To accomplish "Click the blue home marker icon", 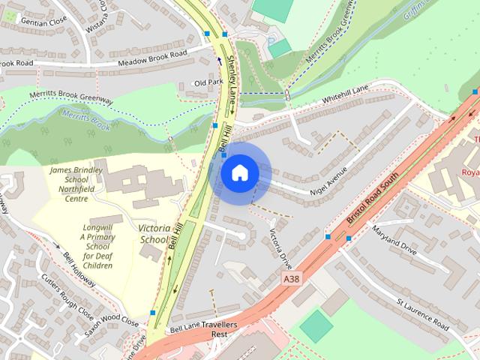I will click(240, 173).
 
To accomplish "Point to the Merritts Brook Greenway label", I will click(71, 97).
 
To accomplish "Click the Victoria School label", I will click(154, 233).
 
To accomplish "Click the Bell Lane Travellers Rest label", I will click(203, 330).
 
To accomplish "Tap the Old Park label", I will click(208, 82).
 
